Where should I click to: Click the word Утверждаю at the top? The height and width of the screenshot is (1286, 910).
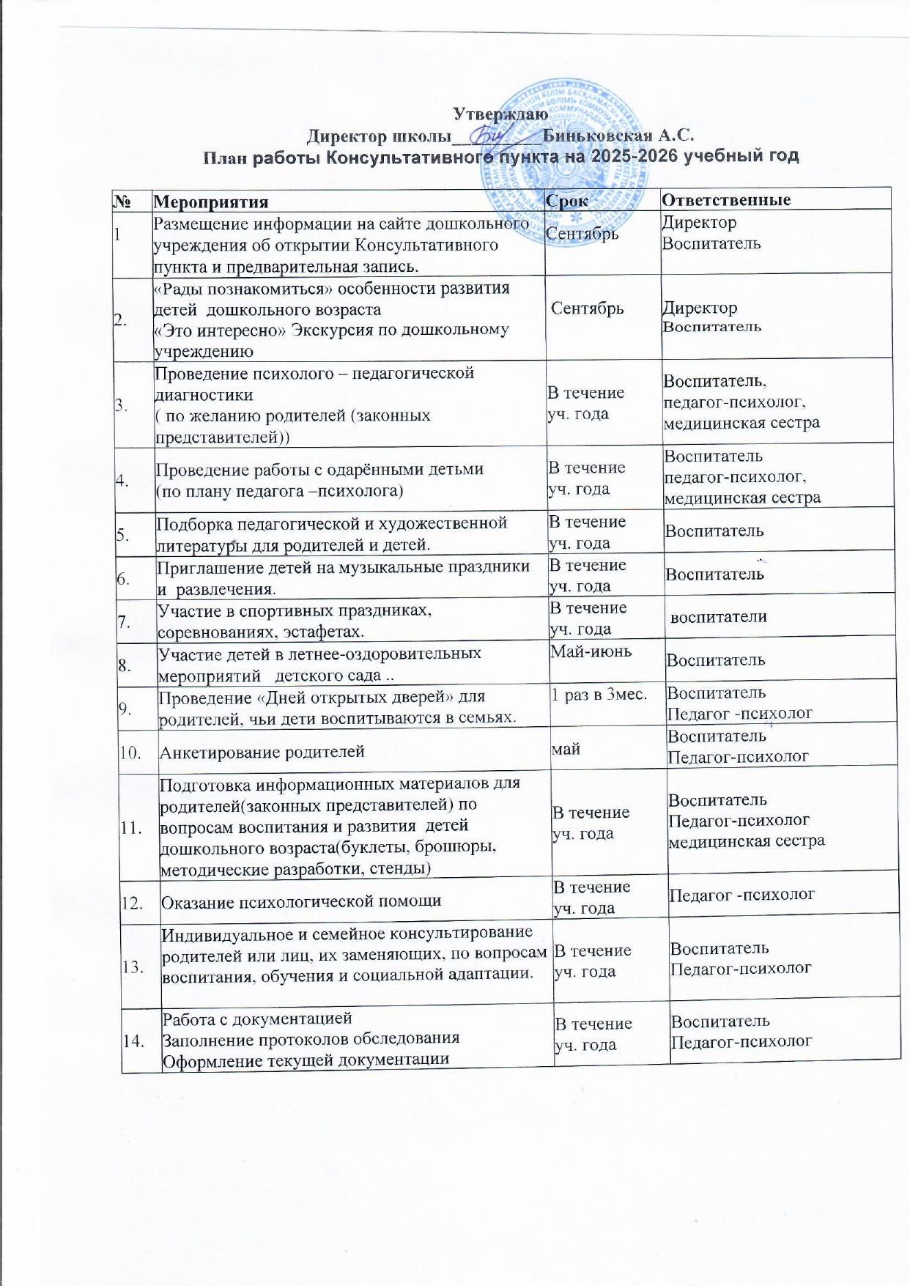500,114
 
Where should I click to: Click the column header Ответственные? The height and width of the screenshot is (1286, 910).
726,199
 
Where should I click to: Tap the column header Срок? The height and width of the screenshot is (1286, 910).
569,200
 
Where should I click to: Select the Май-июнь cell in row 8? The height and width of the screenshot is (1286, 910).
591,651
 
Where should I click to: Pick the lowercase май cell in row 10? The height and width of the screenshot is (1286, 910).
566,749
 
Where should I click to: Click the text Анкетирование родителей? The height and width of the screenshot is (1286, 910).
262,751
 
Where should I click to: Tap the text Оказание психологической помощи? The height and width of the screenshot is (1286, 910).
301,901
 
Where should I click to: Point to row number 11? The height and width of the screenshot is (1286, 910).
133,829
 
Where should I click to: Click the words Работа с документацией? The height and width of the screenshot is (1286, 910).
257,1018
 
